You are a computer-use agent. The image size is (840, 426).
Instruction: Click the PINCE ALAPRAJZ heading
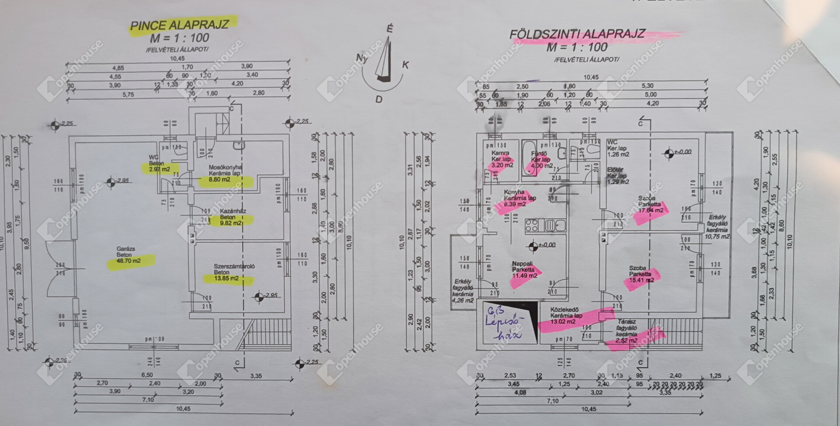coord(179,24)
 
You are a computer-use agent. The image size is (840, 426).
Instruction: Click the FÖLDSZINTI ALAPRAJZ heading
coord(577,34)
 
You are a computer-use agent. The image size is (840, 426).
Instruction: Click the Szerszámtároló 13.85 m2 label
coord(228,272)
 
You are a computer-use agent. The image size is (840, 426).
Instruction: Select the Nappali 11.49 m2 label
coord(524,270)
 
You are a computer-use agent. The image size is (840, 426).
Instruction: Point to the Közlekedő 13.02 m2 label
coord(566,315)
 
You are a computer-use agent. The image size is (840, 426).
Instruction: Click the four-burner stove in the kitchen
coord(532,226)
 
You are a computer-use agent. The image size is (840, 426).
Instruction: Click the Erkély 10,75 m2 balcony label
coord(717,227)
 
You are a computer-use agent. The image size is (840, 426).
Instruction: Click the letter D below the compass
coord(379,99)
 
